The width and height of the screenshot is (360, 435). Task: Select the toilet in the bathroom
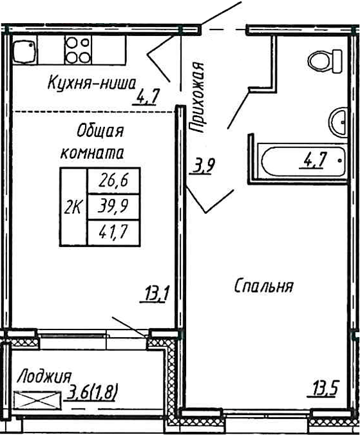point(325,62)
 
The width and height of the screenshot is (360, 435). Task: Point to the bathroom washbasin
point(339,120)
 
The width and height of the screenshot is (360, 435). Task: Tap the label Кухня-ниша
point(91,82)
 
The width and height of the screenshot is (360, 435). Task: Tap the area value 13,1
point(156,295)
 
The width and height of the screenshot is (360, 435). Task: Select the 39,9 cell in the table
point(113,207)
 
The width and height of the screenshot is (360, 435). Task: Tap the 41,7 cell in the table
point(113,232)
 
